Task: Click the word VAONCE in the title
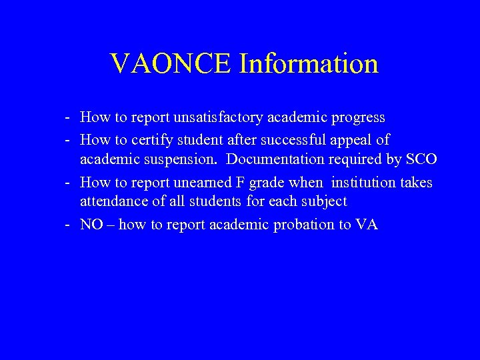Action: coord(171,63)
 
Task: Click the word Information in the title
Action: coord(309,63)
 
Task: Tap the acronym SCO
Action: coord(421,161)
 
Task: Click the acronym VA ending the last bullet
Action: coord(367,224)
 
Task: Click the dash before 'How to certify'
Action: coord(69,141)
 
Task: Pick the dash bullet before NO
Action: coord(69,225)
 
